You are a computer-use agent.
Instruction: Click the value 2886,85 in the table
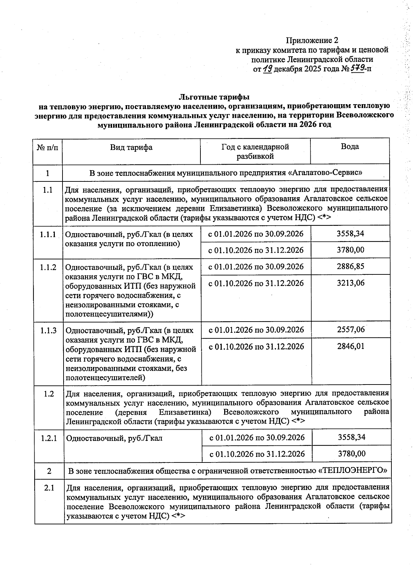(x=350, y=266)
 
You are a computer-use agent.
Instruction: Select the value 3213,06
(x=350, y=283)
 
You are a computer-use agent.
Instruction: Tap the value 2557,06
(x=351, y=329)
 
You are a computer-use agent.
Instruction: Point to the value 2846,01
(x=351, y=346)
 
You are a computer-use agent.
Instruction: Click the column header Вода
(x=350, y=147)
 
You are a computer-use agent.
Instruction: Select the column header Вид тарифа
(x=131, y=147)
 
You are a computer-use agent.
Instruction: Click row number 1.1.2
(x=48, y=267)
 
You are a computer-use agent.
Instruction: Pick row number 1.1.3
(x=48, y=330)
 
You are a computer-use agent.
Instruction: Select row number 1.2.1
(x=49, y=438)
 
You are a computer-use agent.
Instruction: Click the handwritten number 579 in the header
(x=357, y=68)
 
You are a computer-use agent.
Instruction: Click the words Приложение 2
(x=312, y=41)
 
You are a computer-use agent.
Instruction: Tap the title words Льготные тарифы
(x=214, y=96)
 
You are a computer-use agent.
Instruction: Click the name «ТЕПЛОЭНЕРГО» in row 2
(x=353, y=471)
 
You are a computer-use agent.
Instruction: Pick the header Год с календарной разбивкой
(x=255, y=151)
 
